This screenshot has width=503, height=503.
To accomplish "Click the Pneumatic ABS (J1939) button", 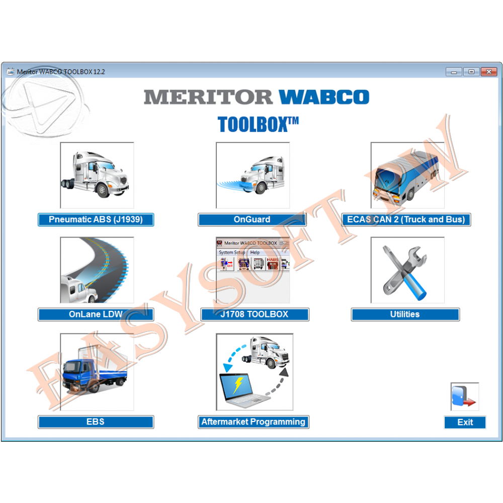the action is coord(96,220).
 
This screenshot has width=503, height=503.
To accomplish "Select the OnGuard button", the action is coord(252,220).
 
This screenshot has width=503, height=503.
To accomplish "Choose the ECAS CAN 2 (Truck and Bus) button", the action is coord(406,220).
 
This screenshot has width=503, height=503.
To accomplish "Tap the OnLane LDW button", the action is coord(96,314).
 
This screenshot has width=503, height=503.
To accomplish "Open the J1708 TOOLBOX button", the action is coord(255,314).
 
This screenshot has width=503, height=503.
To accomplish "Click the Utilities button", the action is coord(405,314).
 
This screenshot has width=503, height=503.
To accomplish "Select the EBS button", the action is coord(96,422).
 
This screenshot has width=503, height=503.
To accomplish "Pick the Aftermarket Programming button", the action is coord(254,422).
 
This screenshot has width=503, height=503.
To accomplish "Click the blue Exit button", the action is coord(465,422).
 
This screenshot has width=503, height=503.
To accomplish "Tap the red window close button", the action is coord(489,71).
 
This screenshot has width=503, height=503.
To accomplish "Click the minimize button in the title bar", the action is coord(454,71).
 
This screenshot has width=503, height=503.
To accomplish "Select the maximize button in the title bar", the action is coord(471,71).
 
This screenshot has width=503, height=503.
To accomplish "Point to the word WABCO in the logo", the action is coord(324,97).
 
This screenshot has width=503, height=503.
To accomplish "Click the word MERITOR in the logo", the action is coord(208,97).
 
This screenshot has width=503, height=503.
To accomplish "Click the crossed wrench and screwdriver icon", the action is coord(405,273).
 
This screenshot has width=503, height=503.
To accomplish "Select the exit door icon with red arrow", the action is coord(464,396).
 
